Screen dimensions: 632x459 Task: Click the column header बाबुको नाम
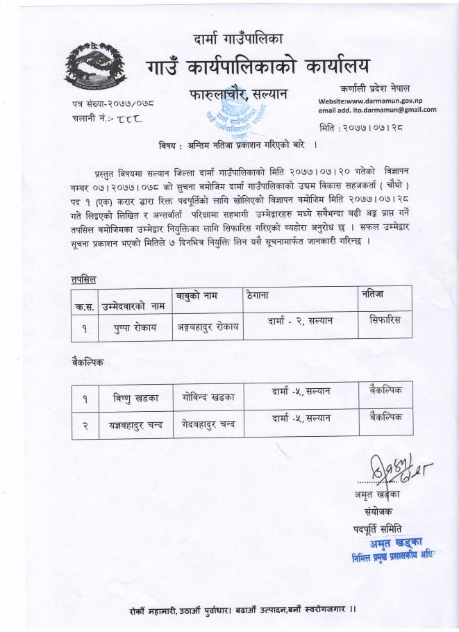click(x=197, y=296)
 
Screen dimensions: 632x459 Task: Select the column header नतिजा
click(x=374, y=294)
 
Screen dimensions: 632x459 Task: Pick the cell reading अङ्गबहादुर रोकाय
click(x=206, y=327)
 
